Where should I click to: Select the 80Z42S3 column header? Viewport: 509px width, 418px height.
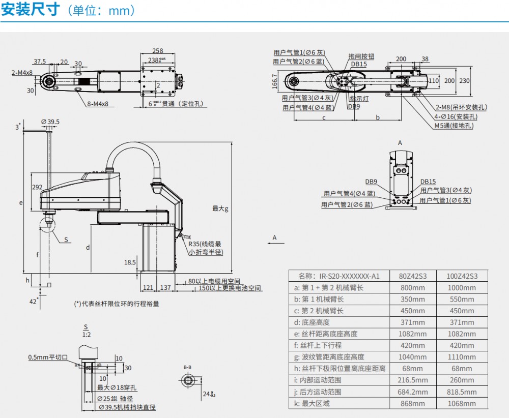coord(412,276)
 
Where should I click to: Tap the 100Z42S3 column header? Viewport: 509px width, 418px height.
coord(462,276)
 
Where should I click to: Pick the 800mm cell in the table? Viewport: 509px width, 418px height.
coord(412,287)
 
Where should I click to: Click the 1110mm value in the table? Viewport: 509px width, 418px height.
coord(462,357)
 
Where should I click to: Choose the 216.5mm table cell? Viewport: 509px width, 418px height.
coord(412,380)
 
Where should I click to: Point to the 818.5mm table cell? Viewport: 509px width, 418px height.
coord(462,392)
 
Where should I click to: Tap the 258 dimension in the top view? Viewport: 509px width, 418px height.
coord(158,51)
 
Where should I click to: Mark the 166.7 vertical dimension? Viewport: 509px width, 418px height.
coord(275,81)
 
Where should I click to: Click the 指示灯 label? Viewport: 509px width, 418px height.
coord(359,99)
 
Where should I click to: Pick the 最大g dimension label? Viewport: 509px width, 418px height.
coord(220,208)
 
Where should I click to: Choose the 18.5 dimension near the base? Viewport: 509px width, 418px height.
coord(130,262)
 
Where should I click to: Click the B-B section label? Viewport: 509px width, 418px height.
coord(188,367)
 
